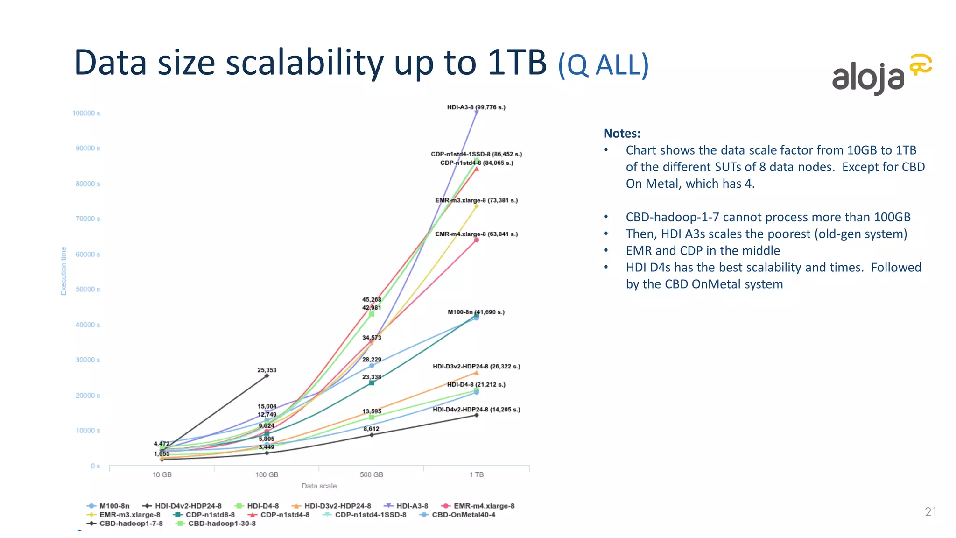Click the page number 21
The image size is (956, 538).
coord(930,512)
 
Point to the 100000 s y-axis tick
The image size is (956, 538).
coord(86,113)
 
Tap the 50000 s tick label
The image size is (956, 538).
coord(88,290)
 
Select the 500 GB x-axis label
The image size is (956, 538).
coord(372,475)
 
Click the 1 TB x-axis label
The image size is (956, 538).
coord(477,475)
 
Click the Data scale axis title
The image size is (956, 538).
coord(319,486)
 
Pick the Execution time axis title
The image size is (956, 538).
coord(64,271)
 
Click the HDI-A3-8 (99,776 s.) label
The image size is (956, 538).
coord(476,107)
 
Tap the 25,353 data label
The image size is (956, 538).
coord(267,370)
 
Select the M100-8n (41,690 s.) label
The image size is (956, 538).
coord(476,312)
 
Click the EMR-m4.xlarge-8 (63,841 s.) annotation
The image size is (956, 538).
coord(477,234)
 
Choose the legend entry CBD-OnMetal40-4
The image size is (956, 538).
coord(463,515)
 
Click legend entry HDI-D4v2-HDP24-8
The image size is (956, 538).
coord(188,506)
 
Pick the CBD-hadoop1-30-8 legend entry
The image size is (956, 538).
coord(222,524)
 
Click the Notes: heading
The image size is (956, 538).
coord(622,134)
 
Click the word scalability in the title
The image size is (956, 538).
coord(305,63)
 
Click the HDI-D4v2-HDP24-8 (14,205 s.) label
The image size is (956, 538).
coord(476,410)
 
